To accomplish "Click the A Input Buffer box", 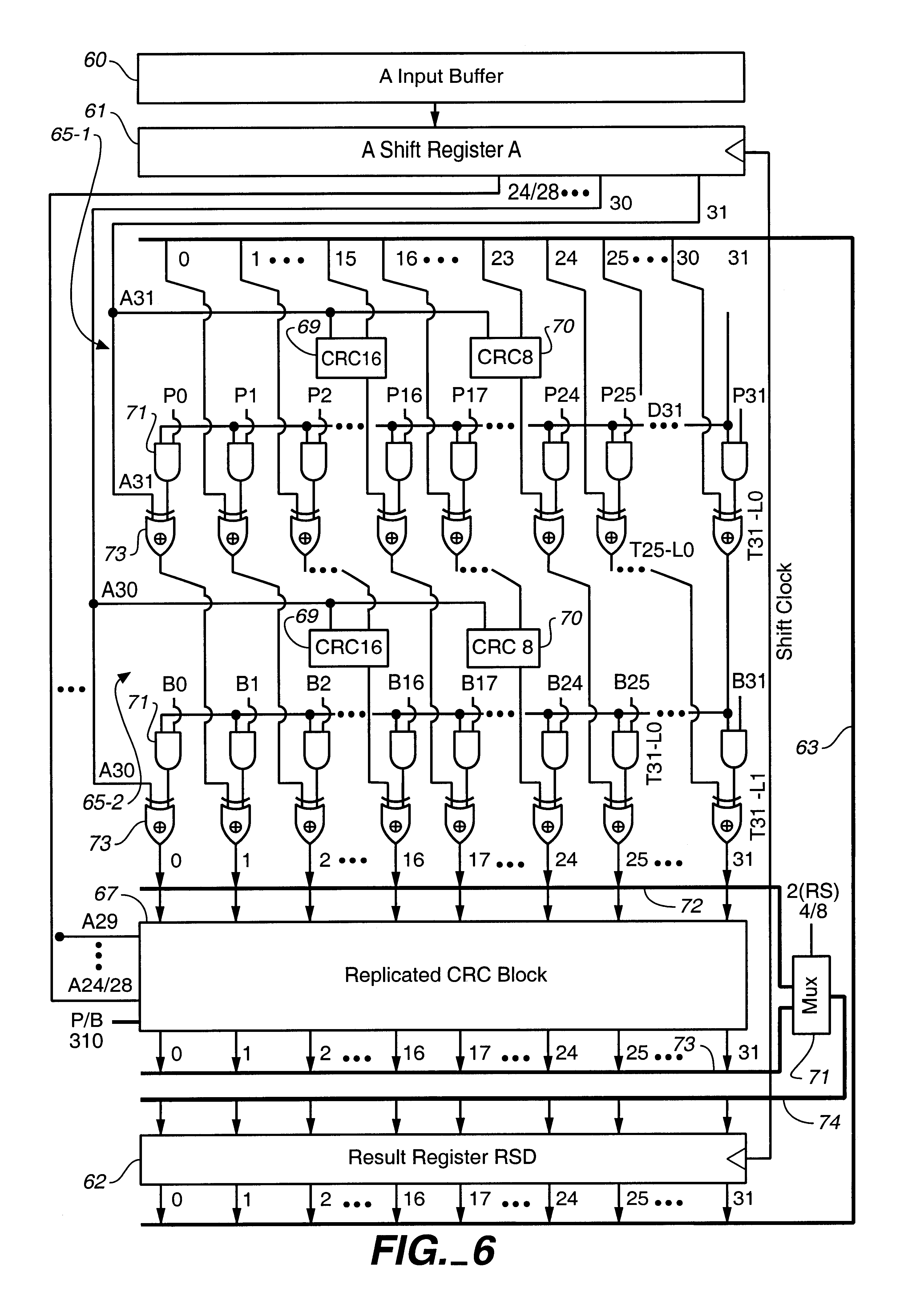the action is (441, 78).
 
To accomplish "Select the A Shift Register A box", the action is (441, 151).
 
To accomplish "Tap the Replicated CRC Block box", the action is (443, 975).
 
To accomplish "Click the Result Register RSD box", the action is (443, 1158).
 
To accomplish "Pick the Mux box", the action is (810, 995).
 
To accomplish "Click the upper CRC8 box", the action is (505, 358).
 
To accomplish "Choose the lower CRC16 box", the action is (348, 648).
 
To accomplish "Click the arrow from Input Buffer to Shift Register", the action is (435, 115).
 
